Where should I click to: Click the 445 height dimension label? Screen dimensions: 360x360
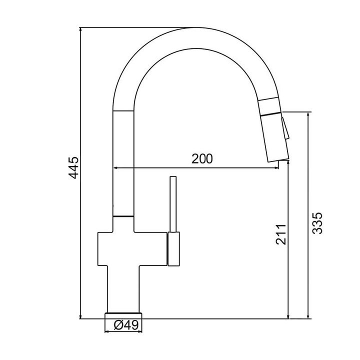click(x=74, y=167)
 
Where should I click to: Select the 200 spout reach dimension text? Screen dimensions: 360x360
click(x=202, y=158)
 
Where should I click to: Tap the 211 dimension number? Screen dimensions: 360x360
click(x=281, y=234)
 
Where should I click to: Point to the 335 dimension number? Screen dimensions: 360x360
click(x=317, y=223)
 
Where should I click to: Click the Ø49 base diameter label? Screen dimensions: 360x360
click(x=126, y=325)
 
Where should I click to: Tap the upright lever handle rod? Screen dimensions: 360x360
click(x=173, y=204)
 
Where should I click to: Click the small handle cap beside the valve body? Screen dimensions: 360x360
click(x=174, y=249)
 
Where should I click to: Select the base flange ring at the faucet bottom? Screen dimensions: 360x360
click(x=123, y=315)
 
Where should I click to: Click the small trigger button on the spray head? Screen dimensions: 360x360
click(x=285, y=128)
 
